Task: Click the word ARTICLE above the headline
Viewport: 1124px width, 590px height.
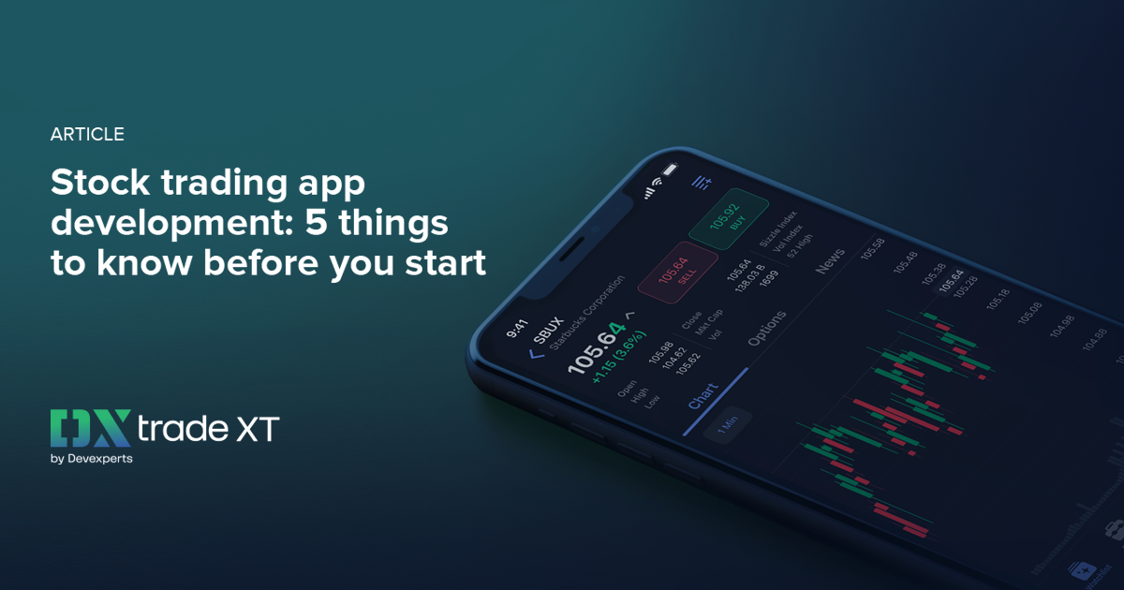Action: pyautogui.click(x=87, y=134)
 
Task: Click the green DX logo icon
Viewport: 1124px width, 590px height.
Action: pyautogui.click(x=88, y=429)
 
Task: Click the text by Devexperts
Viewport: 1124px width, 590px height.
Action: pyautogui.click(x=91, y=459)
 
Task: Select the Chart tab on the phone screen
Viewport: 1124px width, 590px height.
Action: pyautogui.click(x=702, y=396)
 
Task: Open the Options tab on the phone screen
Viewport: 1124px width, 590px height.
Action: pyautogui.click(x=767, y=328)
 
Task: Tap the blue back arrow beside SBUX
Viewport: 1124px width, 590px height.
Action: pyautogui.click(x=537, y=354)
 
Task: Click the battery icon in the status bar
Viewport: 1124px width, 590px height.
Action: pyautogui.click(x=669, y=171)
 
